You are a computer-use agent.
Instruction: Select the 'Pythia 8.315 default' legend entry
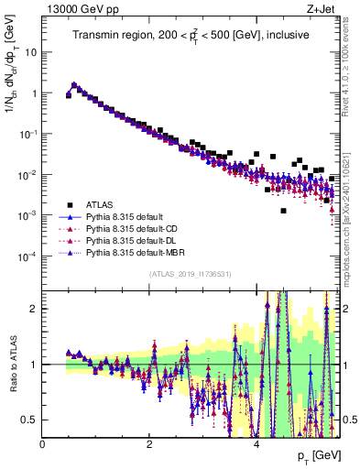coord(128,216)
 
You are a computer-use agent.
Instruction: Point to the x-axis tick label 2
coord(149,444)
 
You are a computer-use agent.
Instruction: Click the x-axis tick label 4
coord(256,444)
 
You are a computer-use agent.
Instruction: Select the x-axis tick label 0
coord(43,444)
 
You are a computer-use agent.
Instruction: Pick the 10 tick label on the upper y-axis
coord(28,52)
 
